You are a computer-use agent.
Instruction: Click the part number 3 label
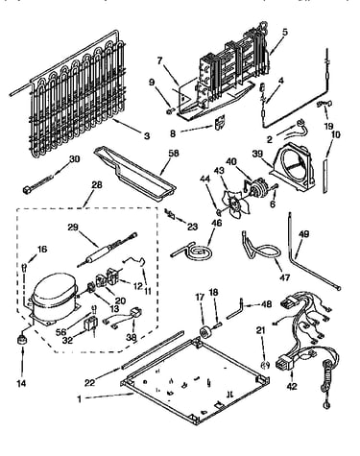tap(147, 136)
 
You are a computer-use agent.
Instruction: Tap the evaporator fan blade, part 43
tap(235, 204)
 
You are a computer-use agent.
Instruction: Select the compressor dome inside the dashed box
tap(54, 292)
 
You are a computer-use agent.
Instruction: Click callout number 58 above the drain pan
tap(174, 154)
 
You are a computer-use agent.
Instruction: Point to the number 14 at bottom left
tap(21, 383)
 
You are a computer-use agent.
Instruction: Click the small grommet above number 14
tap(22, 339)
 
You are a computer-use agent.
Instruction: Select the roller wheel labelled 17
tap(204, 331)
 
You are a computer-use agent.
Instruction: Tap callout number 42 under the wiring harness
tap(292, 386)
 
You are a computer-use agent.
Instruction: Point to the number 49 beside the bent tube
tap(303, 234)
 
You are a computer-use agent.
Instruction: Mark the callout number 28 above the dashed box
tap(97, 184)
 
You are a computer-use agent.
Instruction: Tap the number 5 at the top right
tap(285, 32)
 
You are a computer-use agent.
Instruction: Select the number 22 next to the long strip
tap(90, 382)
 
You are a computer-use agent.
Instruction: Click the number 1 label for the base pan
tap(79, 399)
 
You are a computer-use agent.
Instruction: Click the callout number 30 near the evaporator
tap(74, 158)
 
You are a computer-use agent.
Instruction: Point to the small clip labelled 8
tap(220, 123)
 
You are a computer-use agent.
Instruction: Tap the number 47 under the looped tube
tap(284, 276)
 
